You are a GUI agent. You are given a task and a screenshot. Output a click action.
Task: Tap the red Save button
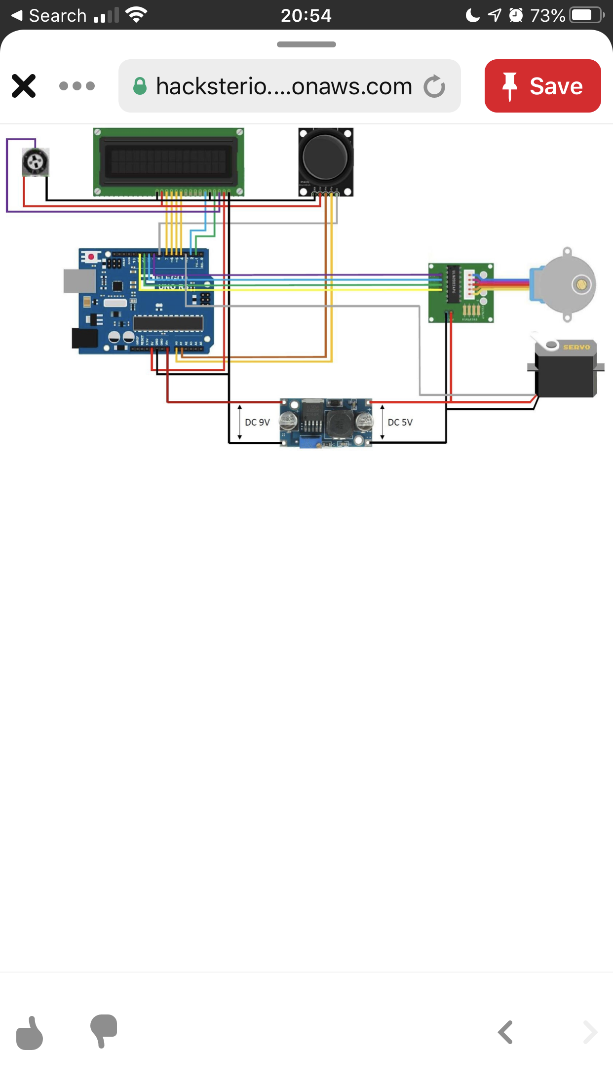tap(542, 86)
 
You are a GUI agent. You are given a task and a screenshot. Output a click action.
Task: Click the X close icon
tap(24, 86)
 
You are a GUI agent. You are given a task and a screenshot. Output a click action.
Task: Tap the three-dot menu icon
tap(77, 86)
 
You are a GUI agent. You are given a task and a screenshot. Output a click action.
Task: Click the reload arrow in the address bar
tap(434, 86)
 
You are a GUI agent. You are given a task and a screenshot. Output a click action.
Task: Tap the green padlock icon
tap(140, 86)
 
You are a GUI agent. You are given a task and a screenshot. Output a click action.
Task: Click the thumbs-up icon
tap(30, 1033)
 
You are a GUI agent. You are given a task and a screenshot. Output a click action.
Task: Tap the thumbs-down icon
tap(104, 1031)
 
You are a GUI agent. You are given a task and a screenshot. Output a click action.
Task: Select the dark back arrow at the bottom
tap(505, 1032)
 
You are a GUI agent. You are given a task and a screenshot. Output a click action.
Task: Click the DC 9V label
tap(257, 422)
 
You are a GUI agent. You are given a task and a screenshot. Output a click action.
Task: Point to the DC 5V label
tap(400, 422)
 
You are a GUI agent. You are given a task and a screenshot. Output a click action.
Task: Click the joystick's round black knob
tap(325, 157)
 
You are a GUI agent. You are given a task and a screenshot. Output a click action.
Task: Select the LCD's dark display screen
tap(168, 160)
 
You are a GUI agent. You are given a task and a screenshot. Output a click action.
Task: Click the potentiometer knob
tap(36, 161)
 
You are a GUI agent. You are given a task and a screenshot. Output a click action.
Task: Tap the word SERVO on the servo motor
tap(576, 347)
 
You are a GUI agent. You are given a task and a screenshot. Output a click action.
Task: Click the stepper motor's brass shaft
tap(581, 284)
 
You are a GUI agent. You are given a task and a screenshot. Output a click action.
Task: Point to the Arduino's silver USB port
tap(79, 281)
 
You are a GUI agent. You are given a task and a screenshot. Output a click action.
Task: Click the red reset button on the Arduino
tap(91, 257)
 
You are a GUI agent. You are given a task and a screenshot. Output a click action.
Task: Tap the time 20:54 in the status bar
tap(306, 15)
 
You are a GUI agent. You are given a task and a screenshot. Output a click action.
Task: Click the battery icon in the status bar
tap(587, 15)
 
